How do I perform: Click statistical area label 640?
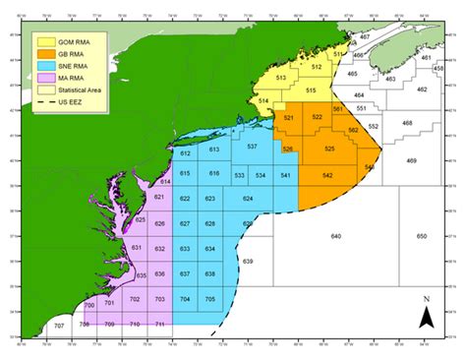[x=335, y=237]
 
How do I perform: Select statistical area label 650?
[x=422, y=237]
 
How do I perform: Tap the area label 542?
[x=326, y=174]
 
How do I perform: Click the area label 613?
[x=213, y=150]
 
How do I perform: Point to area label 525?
[x=329, y=148]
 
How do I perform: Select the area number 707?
[x=58, y=325]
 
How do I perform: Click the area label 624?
[x=247, y=199]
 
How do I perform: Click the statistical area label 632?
[x=159, y=250]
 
